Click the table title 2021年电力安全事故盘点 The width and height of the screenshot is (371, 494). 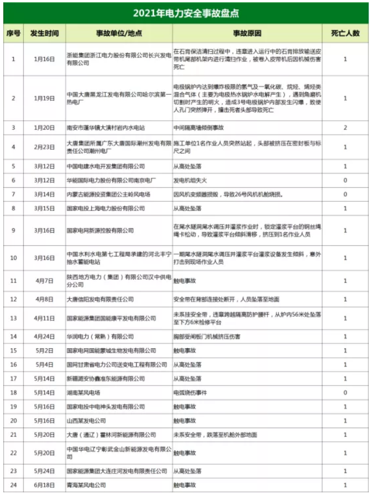185,12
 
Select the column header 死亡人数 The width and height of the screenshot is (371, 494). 346,33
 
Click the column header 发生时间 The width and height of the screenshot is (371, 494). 44,33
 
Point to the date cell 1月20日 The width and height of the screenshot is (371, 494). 44,127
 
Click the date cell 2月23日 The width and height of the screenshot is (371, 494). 44,147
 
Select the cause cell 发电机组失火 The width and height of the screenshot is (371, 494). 194,181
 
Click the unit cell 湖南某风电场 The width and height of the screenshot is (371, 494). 84,393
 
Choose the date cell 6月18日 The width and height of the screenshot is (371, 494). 44,485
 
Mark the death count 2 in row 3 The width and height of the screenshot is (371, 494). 346,127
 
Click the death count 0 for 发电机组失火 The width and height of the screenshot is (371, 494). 346,181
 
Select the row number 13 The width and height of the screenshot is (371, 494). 13,318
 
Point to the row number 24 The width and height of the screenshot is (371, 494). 13,485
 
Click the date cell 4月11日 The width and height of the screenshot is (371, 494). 44,318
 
